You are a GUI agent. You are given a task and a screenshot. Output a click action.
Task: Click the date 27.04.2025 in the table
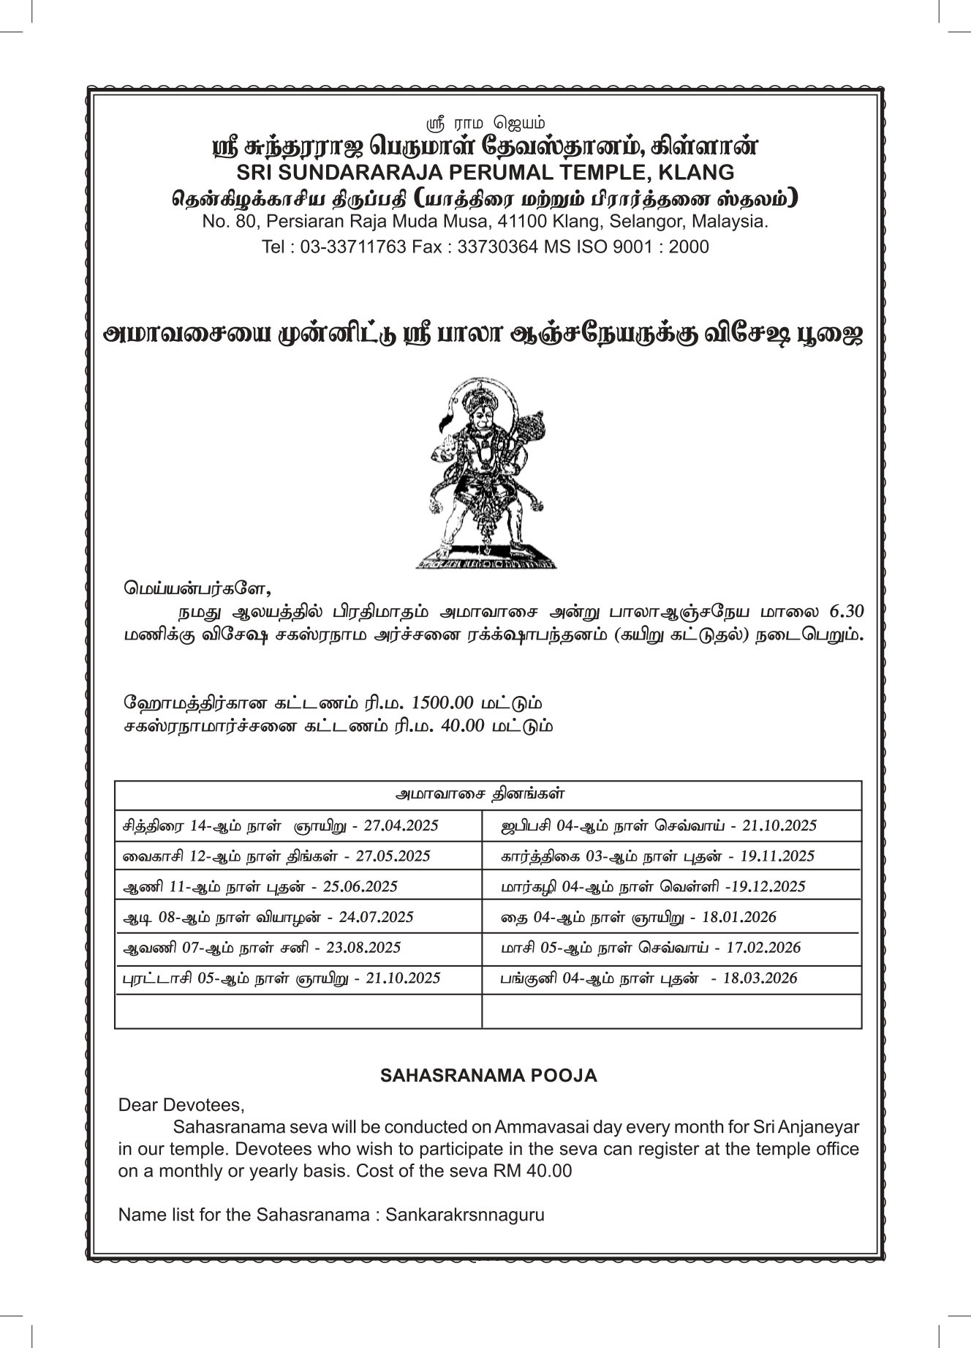(401, 825)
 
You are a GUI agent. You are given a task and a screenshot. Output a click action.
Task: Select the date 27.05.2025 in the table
(393, 855)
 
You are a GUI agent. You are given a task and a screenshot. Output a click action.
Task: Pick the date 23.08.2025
(363, 948)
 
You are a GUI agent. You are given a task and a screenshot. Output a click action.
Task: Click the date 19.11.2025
(777, 855)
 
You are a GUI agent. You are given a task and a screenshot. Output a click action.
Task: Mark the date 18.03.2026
(760, 978)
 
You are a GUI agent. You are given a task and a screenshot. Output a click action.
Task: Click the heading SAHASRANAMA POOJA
(488, 1075)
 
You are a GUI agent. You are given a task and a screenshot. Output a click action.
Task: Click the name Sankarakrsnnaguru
(465, 1215)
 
